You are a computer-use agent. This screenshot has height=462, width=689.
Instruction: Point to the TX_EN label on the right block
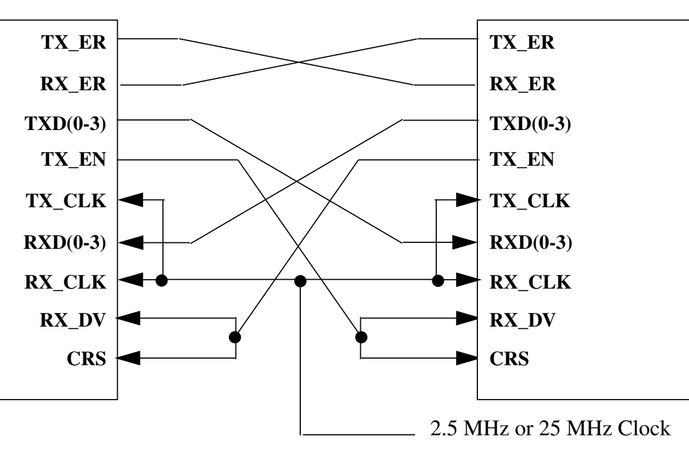coord(521,160)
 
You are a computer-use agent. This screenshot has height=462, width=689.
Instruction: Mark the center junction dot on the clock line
coord(301,281)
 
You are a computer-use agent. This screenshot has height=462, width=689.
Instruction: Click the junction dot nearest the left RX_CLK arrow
coord(161,281)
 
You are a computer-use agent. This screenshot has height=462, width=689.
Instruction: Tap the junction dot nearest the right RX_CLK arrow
coord(438,281)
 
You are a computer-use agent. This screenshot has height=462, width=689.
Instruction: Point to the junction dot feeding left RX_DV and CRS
coord(235,337)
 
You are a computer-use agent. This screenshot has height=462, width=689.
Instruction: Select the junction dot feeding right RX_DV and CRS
coord(361,337)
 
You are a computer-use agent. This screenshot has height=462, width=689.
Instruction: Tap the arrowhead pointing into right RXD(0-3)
coord(466,242)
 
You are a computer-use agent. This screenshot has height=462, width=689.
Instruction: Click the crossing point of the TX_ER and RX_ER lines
coord(297,62)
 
